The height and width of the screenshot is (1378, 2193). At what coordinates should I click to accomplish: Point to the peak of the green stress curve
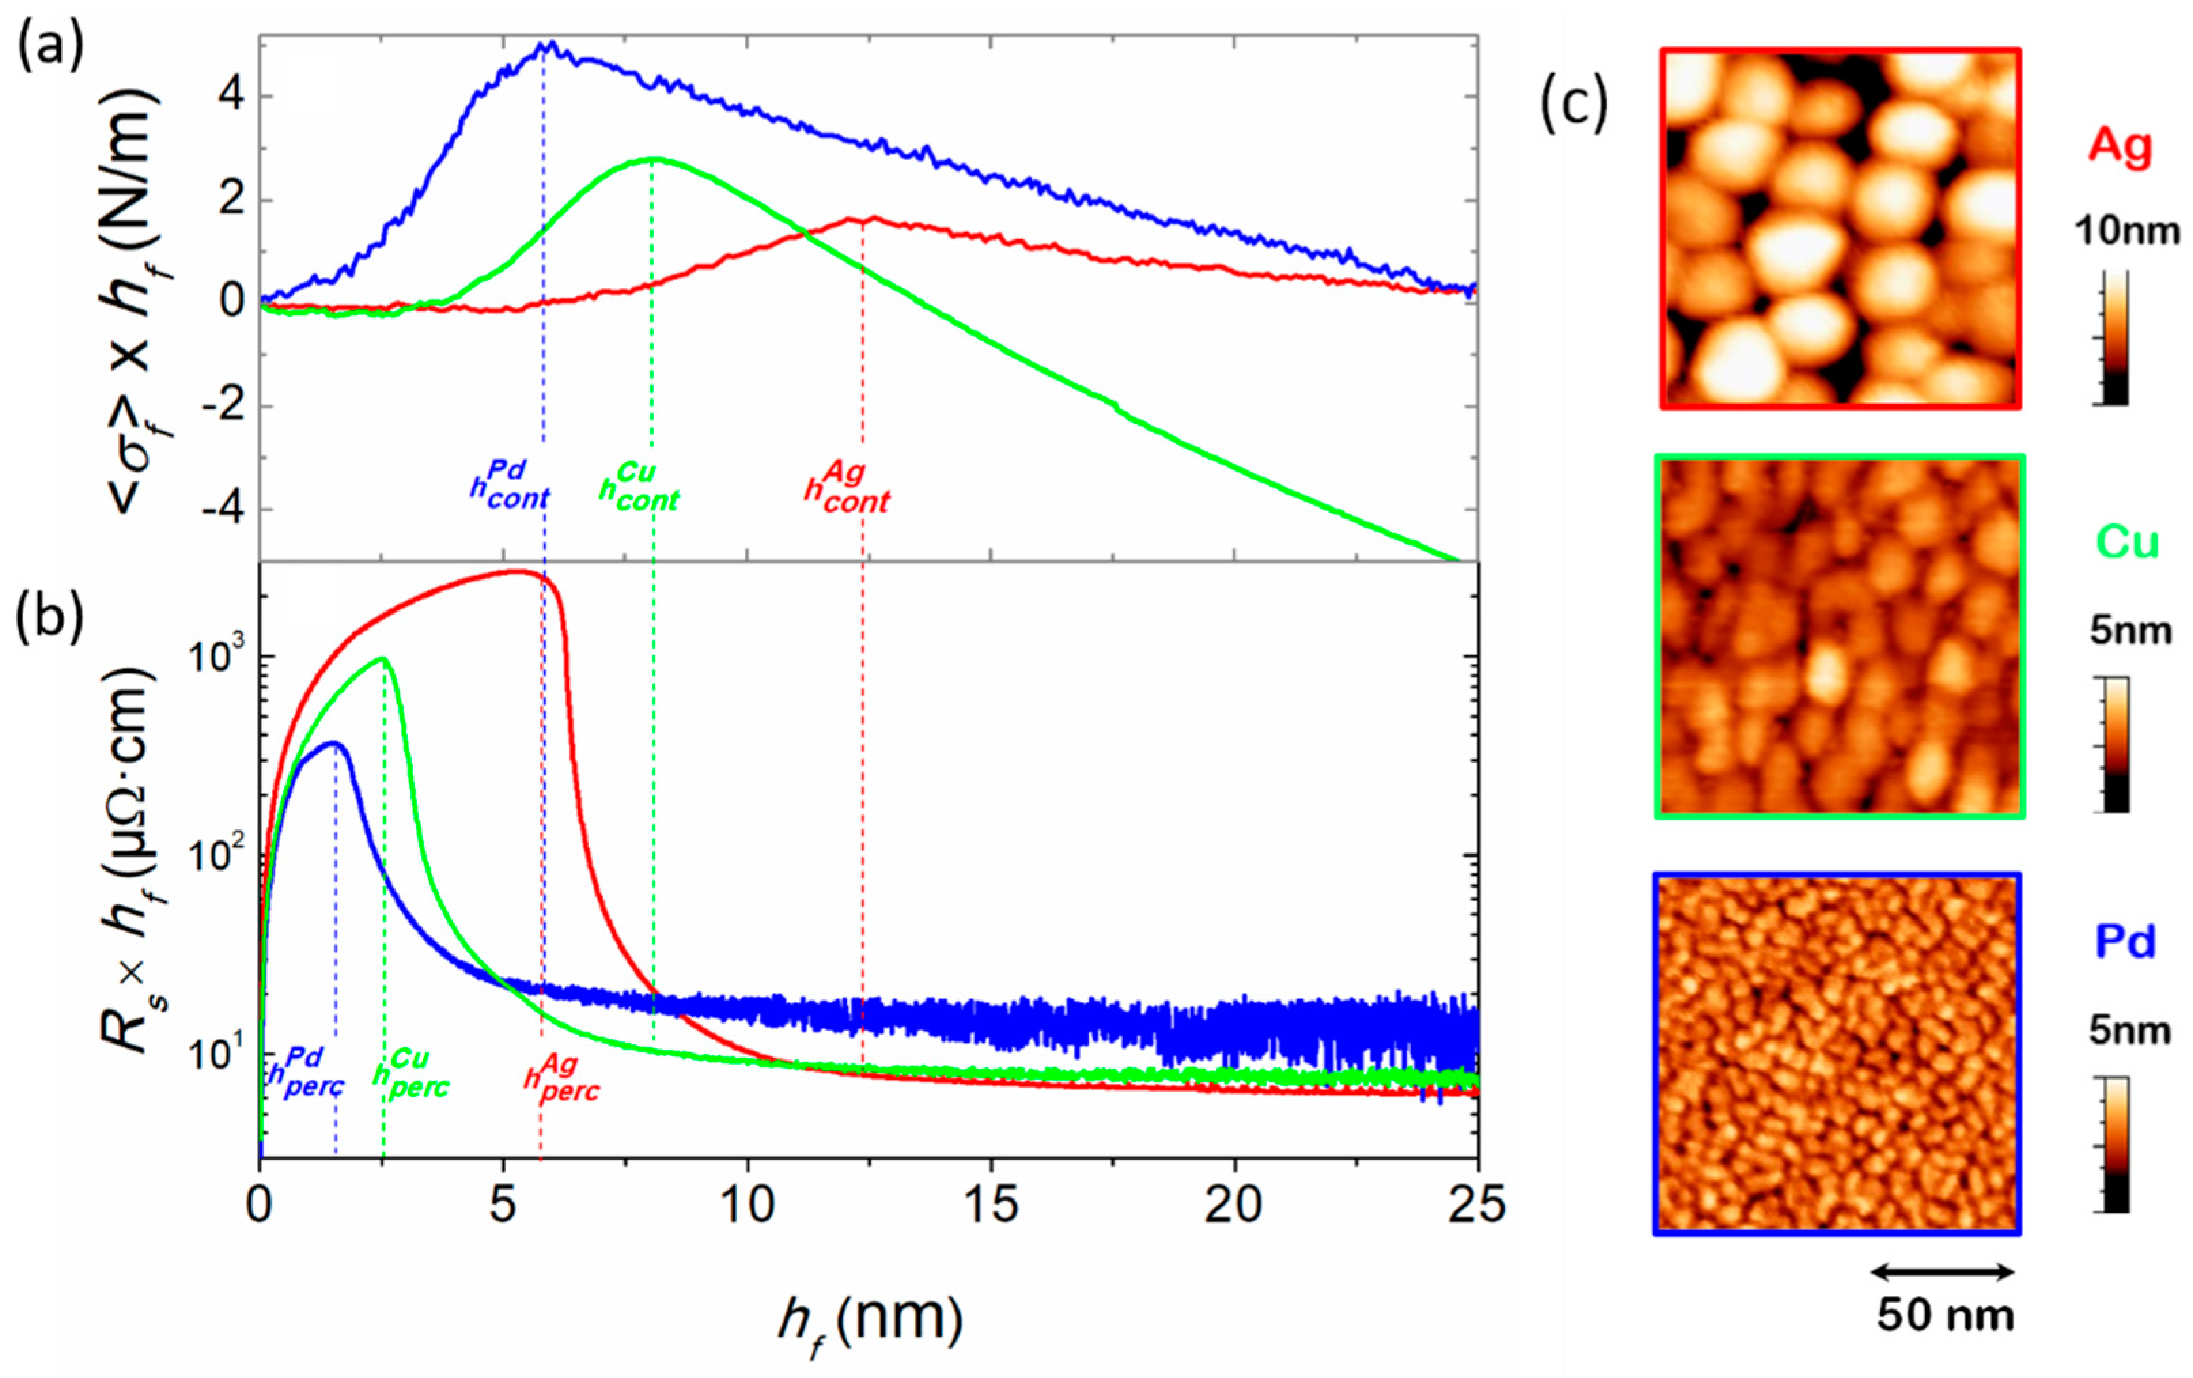click(652, 159)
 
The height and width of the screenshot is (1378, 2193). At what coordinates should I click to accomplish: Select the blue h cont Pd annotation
click(510, 486)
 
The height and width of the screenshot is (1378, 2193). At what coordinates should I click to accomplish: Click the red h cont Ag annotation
click(847, 488)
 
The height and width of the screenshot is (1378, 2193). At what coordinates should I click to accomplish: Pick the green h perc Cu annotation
click(412, 1074)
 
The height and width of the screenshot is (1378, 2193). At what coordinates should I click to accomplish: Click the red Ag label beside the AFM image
click(2120, 145)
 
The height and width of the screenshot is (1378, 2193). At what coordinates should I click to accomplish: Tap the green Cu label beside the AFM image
click(2126, 542)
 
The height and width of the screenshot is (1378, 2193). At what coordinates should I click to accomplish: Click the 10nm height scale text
click(2128, 231)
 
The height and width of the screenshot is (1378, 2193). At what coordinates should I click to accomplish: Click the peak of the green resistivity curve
click(385, 659)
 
